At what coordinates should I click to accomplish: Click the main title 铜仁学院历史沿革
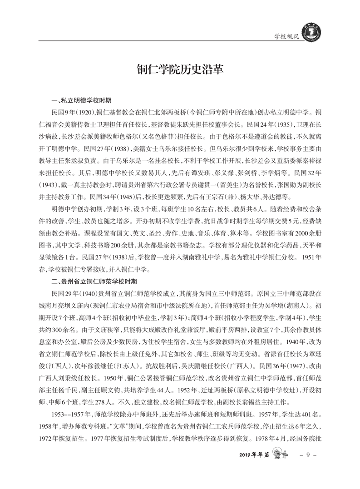coord(180,69)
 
